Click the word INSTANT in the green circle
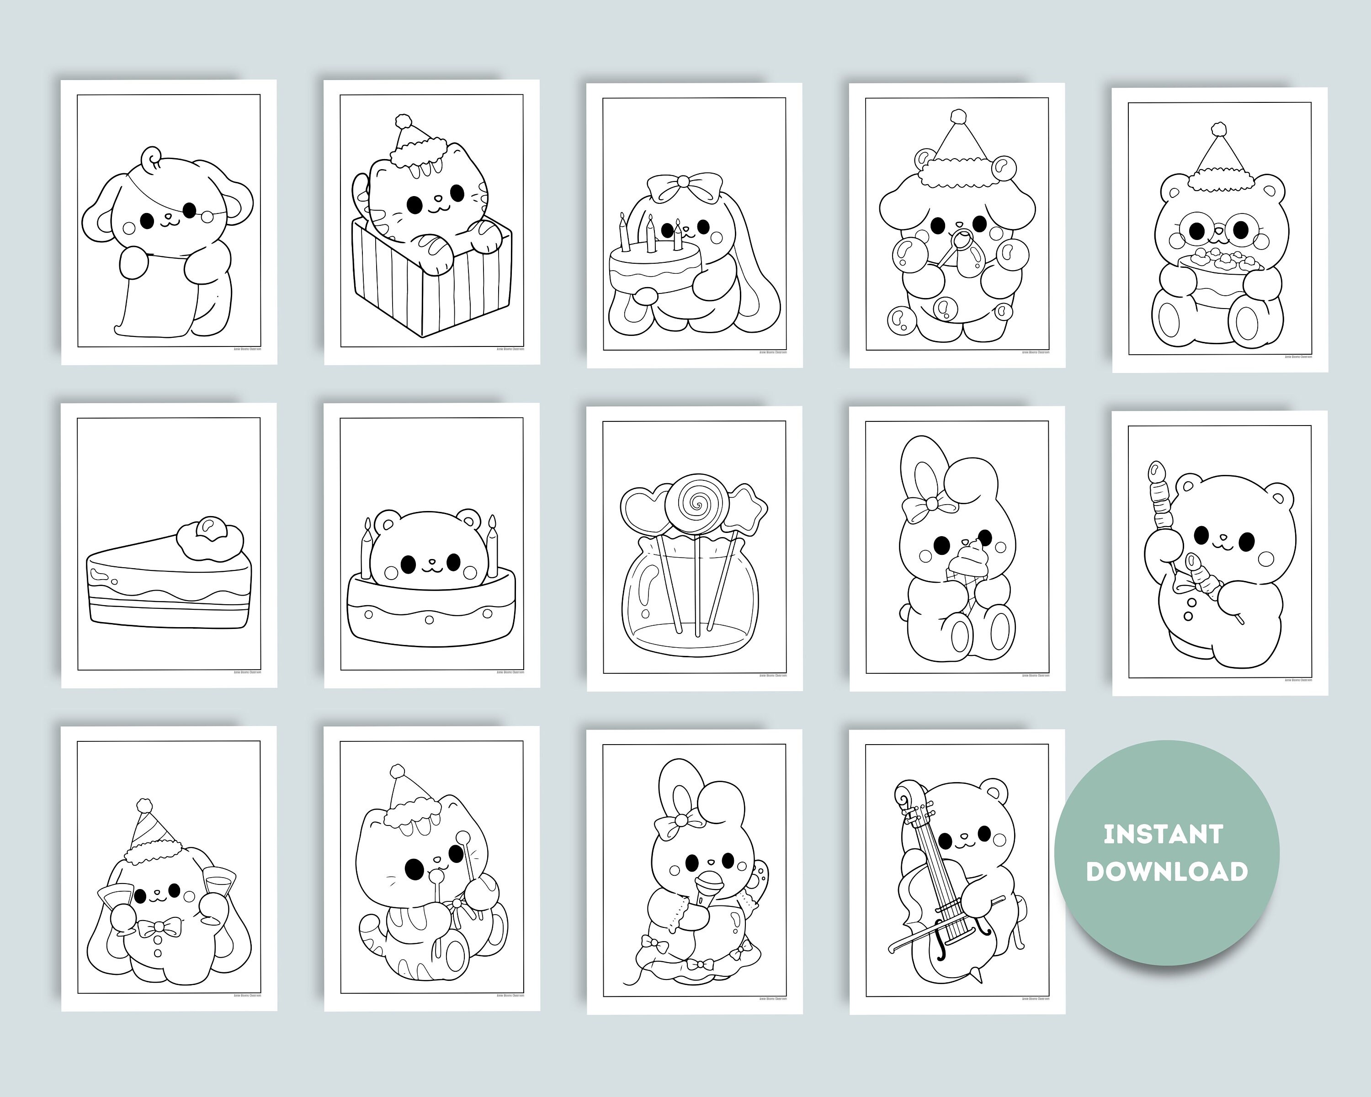(1163, 834)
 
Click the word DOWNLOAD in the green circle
(1167, 871)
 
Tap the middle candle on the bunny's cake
(650, 232)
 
